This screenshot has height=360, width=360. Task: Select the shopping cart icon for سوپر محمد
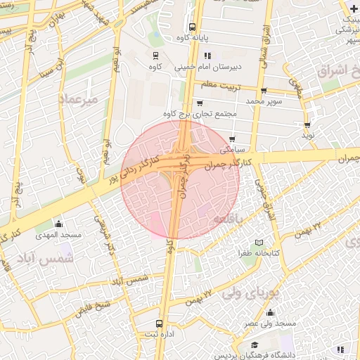[263, 91]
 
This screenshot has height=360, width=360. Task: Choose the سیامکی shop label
[234, 150]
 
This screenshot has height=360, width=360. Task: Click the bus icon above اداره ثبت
[160, 324]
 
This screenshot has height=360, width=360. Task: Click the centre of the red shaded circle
[180, 179]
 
